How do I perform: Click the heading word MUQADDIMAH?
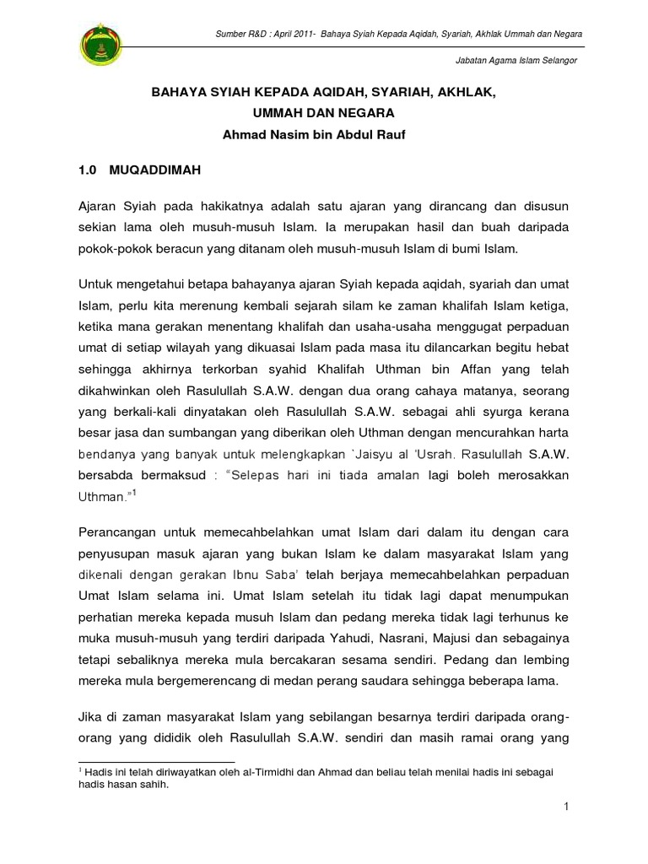coord(154,170)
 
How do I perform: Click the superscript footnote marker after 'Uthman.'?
coord(133,494)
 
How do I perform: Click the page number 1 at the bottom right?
coord(568,808)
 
